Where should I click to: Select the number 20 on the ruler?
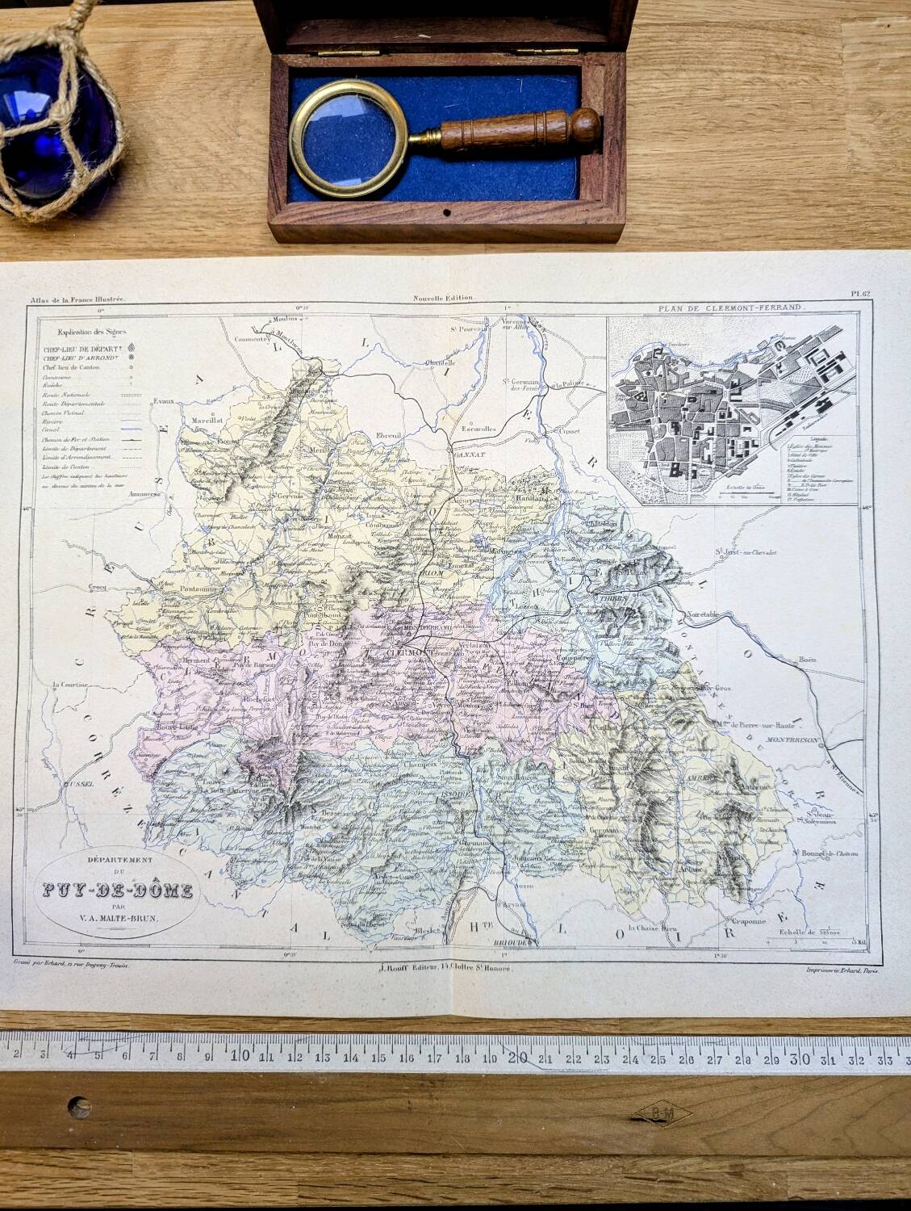click(518, 1054)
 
